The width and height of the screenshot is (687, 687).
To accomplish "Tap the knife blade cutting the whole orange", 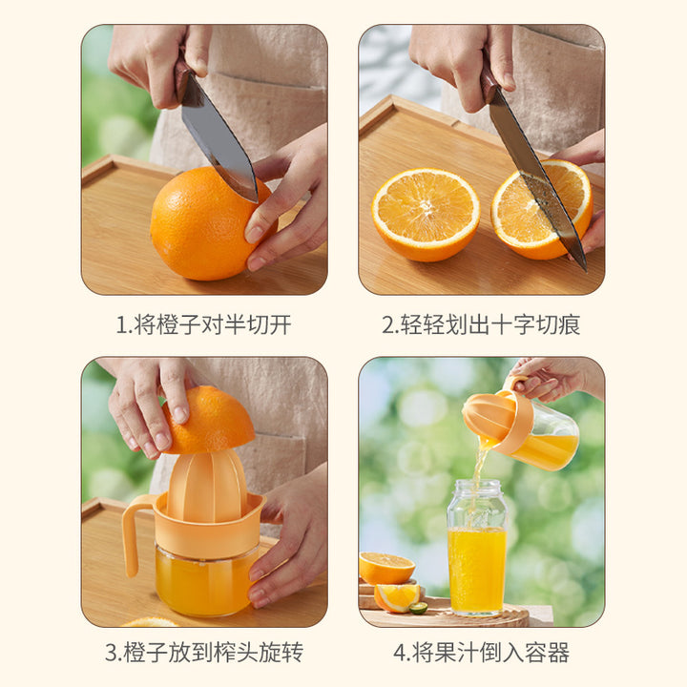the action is pos(219,140).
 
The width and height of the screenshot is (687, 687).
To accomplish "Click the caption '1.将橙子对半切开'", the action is pos(204,324).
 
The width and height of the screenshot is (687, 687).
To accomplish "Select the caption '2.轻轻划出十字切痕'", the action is pos(481,324).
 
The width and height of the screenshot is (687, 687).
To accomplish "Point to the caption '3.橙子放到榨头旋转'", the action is pos(204,653).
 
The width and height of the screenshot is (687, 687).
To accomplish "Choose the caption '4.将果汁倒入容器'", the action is pos(481,653).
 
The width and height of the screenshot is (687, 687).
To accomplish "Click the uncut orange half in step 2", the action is pos(426,215).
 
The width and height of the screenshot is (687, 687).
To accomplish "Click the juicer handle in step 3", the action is pos(133,534).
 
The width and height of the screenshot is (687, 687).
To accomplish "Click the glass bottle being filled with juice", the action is pos(477,548).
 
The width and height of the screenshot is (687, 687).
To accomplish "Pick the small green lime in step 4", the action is pos(418,608).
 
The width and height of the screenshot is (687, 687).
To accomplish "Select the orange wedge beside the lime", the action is pos(396,598).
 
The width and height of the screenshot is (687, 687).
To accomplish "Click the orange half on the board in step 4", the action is pos(386,569).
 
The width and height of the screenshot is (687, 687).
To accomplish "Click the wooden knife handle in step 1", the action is pos(183,79).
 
